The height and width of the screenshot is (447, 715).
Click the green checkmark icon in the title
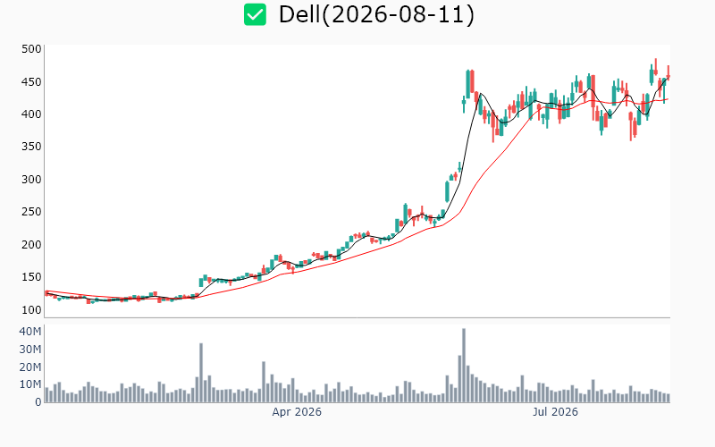(x=255, y=14)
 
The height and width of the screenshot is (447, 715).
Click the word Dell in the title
(x=299, y=14)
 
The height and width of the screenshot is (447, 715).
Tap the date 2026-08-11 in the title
(x=398, y=14)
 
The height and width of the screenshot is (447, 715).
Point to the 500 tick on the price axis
(x=31, y=49)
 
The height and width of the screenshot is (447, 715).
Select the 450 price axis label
(x=31, y=82)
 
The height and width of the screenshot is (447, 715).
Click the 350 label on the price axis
(x=31, y=147)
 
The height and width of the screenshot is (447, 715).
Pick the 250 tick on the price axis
(x=31, y=212)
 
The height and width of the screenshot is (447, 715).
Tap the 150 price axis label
(x=31, y=277)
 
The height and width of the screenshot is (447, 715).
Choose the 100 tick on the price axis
(x=31, y=309)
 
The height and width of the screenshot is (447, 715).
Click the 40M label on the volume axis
(x=30, y=332)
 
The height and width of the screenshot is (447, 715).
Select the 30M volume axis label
(x=30, y=350)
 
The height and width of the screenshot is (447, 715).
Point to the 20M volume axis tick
(x=30, y=367)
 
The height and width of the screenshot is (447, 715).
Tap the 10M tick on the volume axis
(x=30, y=384)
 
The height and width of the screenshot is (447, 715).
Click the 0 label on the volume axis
(x=38, y=402)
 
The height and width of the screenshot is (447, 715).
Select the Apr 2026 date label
(x=297, y=412)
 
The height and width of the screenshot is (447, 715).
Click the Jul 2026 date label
(x=555, y=412)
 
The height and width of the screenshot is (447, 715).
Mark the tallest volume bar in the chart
(x=464, y=365)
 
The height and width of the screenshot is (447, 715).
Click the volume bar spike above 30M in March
(x=201, y=373)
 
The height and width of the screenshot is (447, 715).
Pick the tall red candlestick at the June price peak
(x=472, y=81)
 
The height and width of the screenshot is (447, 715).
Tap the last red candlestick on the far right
(x=669, y=77)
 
